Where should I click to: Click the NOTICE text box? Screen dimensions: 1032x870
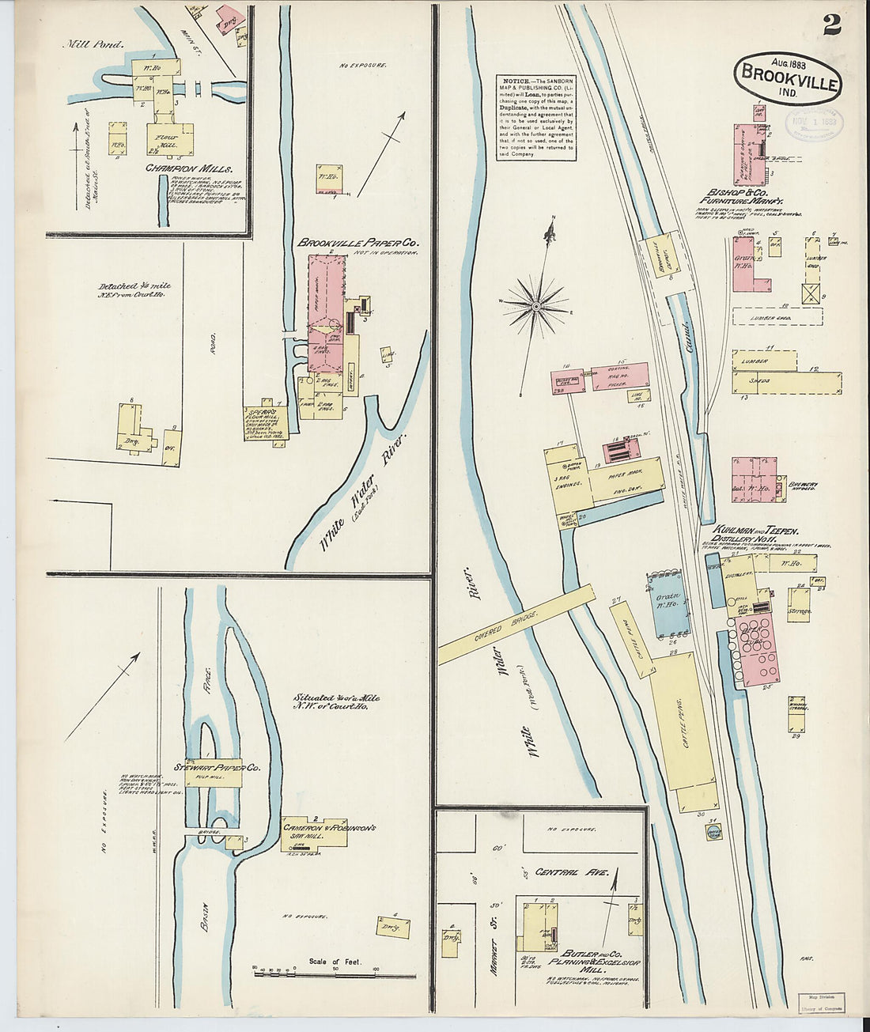tap(535, 117)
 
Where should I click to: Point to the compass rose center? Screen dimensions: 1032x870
tap(536, 304)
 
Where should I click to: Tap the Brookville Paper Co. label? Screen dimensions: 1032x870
tap(357, 243)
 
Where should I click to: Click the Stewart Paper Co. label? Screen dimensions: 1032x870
tap(222, 768)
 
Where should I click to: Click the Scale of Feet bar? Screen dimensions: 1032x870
tap(316, 971)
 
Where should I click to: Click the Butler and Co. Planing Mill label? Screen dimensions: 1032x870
tap(585, 961)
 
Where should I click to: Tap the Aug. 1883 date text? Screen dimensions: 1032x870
tap(765, 61)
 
